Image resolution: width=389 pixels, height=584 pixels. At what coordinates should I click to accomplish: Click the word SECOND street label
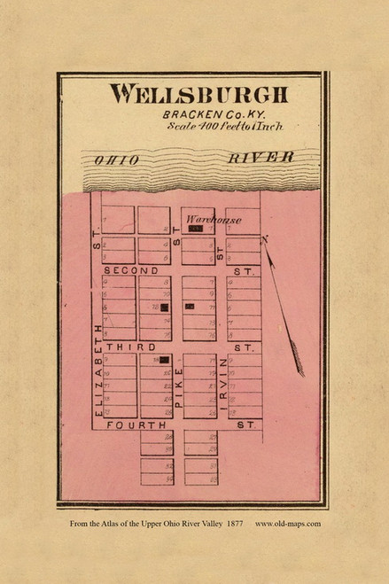click(131, 269)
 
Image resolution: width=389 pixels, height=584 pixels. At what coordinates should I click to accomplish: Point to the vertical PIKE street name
click(177, 387)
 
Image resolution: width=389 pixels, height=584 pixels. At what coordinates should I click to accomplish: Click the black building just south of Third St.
click(164, 361)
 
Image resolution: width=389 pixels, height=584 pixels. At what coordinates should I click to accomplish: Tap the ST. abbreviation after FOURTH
click(245, 425)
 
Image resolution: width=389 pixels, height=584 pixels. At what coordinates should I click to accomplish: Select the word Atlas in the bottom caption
click(121, 523)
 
